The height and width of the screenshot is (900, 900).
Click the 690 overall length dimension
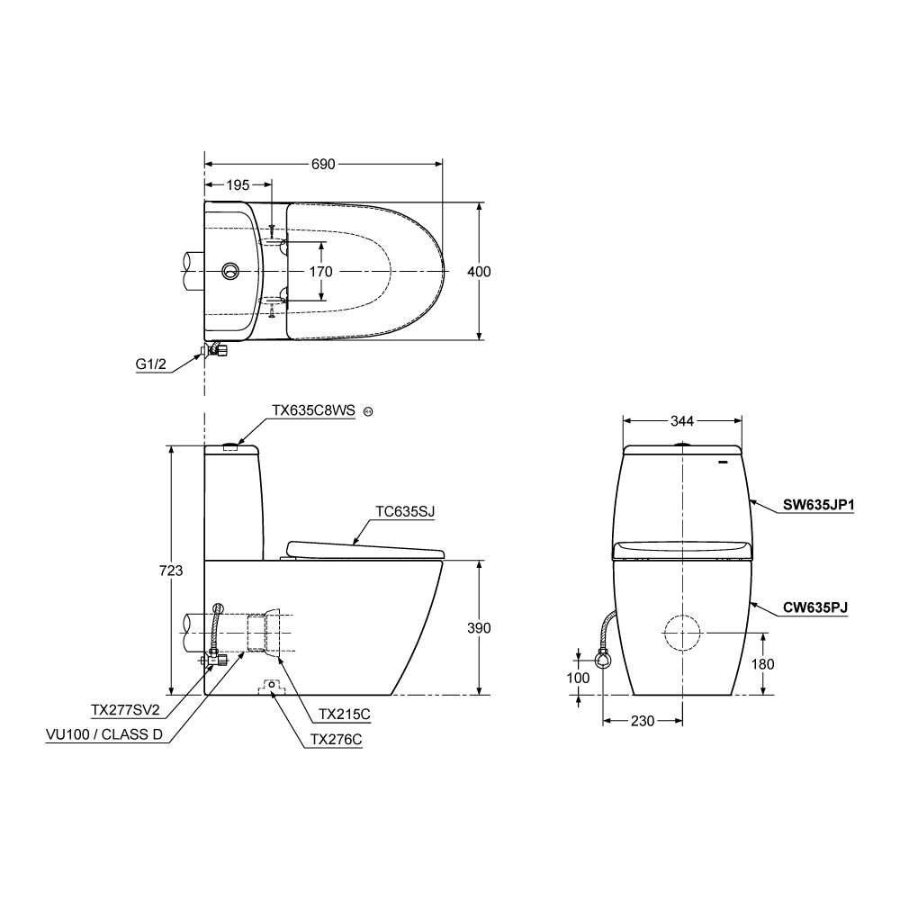(323, 164)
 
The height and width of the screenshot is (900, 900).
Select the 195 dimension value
(238, 184)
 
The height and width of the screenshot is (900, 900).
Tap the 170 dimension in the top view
(321, 272)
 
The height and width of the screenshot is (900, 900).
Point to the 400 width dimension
(479, 272)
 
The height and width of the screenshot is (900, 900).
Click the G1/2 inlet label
(151, 364)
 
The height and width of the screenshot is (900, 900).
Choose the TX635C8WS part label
(313, 410)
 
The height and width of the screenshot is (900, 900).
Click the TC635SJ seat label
(405, 511)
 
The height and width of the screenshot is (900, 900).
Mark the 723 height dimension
(171, 571)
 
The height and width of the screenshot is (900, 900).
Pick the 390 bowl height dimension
(479, 628)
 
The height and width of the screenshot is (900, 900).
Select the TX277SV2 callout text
(125, 710)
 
